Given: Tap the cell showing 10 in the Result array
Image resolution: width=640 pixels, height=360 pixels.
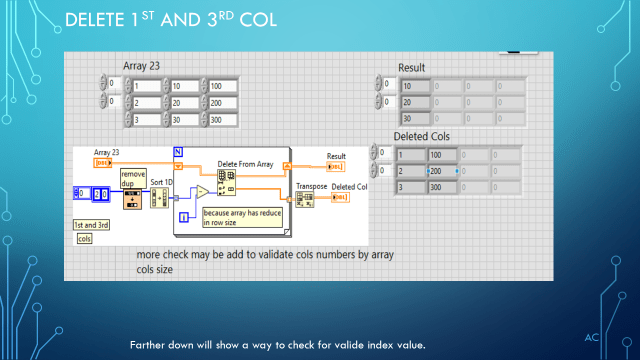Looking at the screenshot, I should pyautogui.click(x=414, y=85).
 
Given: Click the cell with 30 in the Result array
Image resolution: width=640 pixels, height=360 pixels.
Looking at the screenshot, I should pyautogui.click(x=414, y=119).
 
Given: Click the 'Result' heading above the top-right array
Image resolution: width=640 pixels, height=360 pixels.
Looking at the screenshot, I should pyautogui.click(x=412, y=67).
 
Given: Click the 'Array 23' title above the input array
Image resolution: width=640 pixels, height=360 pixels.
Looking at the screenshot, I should pyautogui.click(x=141, y=66).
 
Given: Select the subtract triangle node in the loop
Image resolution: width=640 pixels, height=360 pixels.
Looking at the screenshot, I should pyautogui.click(x=202, y=191).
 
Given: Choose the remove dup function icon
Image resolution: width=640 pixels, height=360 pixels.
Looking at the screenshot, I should pyautogui.click(x=132, y=200).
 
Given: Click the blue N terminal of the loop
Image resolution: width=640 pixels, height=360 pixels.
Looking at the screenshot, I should pyautogui.click(x=179, y=152).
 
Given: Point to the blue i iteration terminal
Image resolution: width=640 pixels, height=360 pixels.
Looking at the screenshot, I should pyautogui.click(x=183, y=216).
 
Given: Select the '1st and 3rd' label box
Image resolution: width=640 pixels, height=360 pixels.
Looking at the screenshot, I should pyautogui.click(x=92, y=225).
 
